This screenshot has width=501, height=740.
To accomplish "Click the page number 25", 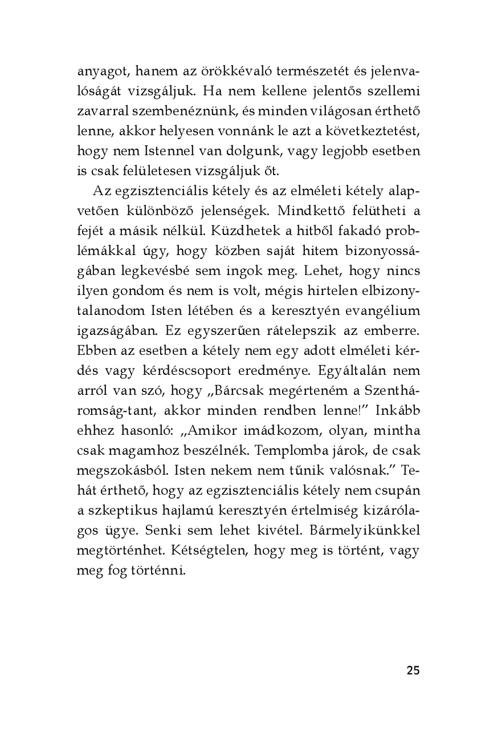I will (x=413, y=670).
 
